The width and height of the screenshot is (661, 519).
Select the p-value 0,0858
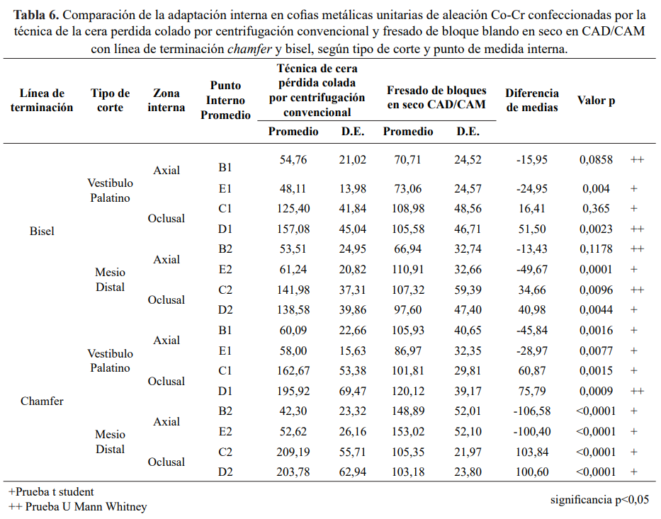tap(597, 160)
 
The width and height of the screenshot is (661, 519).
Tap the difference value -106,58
tap(531, 411)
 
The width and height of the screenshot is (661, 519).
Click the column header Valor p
tap(596, 100)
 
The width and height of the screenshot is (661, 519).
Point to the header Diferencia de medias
tap(532, 100)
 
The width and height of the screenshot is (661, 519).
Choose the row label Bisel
tap(42, 231)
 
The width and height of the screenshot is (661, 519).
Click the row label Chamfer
tap(42, 401)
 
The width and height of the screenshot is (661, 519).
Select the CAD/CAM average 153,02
tap(407, 432)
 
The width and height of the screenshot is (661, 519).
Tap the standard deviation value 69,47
tap(353, 391)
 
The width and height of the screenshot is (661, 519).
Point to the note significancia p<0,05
tap(599, 500)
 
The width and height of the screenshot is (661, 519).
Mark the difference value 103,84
tap(531, 452)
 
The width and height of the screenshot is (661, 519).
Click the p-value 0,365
tap(597, 209)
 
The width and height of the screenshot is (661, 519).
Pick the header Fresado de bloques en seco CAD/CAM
tap(436, 97)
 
